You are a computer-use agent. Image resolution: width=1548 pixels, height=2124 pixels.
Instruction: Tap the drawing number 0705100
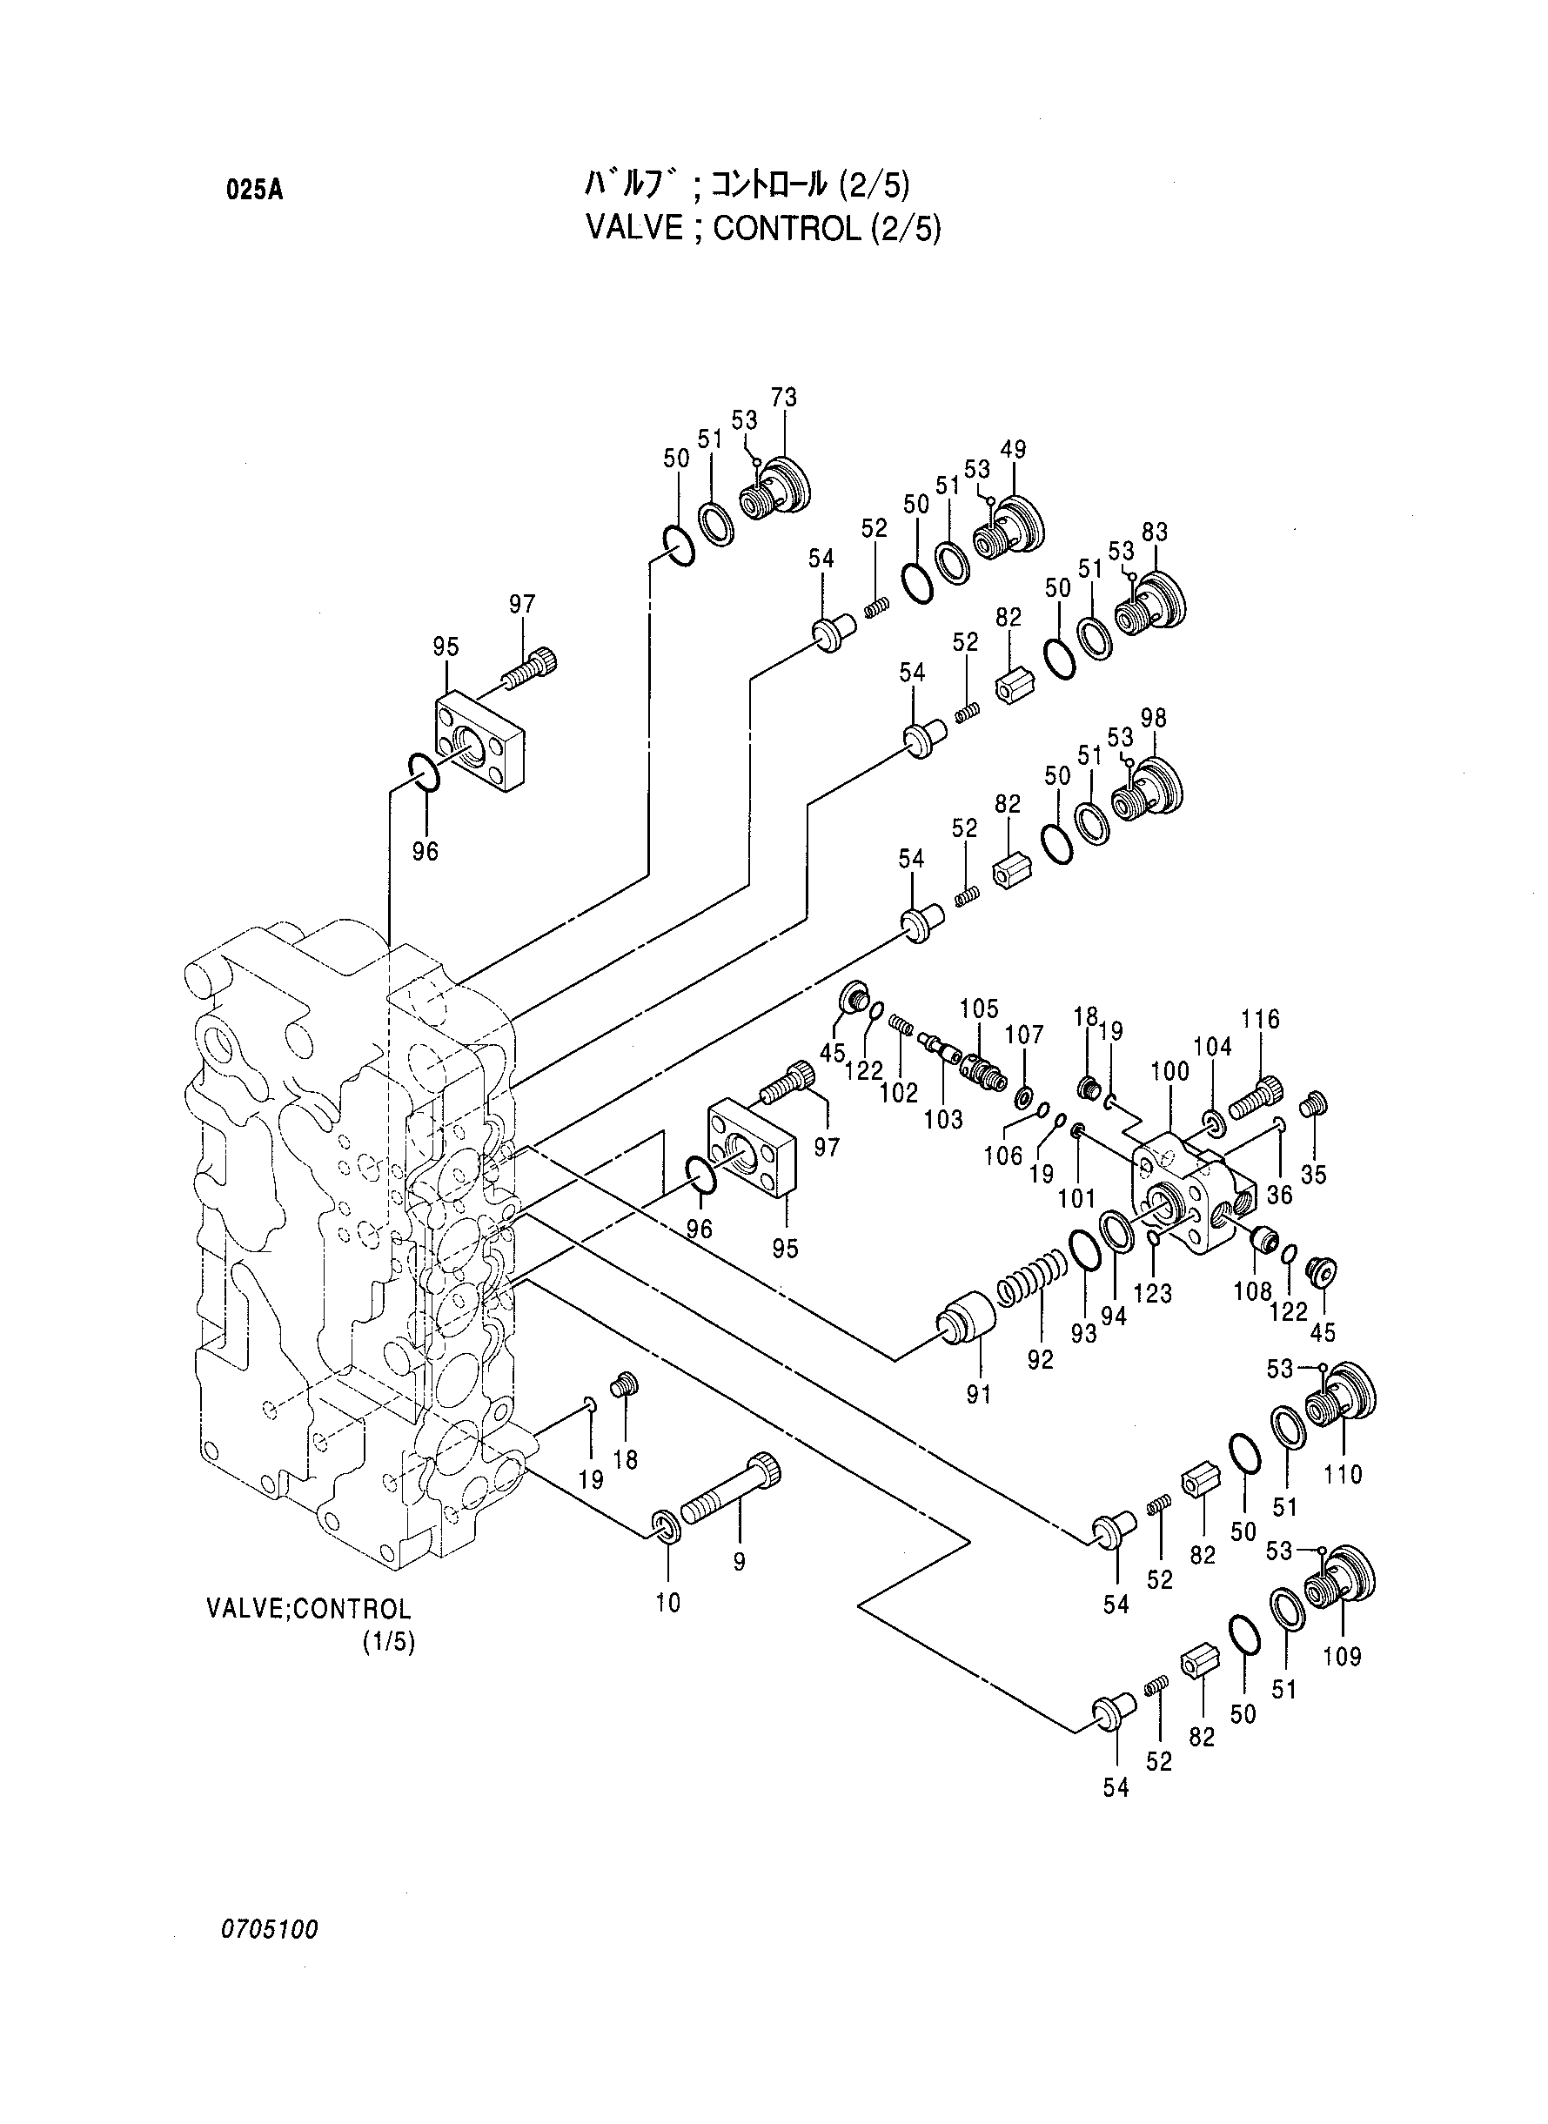[270, 1930]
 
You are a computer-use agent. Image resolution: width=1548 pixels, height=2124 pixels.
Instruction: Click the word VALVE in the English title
[634, 229]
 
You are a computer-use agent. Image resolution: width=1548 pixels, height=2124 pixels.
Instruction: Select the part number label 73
[783, 398]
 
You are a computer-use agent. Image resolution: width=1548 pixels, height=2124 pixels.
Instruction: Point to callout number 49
[1013, 449]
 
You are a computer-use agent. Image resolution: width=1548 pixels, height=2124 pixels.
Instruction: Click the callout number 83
[1155, 533]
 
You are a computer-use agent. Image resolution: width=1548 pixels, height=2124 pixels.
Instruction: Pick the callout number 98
[1154, 719]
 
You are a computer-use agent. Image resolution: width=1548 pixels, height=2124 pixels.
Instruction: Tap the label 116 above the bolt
[1260, 1020]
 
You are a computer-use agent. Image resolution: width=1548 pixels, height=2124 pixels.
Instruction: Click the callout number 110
[1342, 1475]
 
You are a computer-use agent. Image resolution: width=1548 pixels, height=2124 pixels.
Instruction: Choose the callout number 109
[1342, 1657]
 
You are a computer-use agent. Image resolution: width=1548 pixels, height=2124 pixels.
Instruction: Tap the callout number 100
[1169, 1071]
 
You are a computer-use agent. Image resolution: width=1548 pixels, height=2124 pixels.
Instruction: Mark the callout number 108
[1252, 1290]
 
